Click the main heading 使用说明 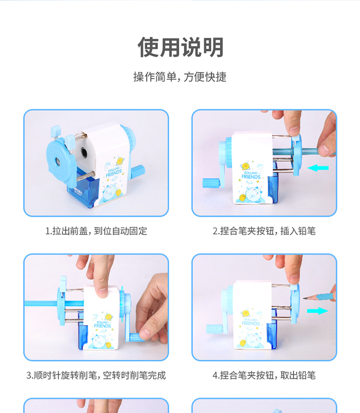point(180,47)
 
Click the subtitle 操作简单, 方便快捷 point(180,77)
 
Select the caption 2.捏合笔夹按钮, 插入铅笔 point(264,231)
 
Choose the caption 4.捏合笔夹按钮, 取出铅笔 point(264,375)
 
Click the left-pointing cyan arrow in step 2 point(318,168)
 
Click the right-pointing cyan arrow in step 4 point(318,311)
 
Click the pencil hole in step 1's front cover point(57,160)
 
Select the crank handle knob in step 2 point(211,183)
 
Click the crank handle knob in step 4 point(215,329)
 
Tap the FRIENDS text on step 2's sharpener point(251,177)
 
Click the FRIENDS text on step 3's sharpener point(103,326)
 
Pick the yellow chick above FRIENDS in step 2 point(245,166)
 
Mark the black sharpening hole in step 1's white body point(84,152)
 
